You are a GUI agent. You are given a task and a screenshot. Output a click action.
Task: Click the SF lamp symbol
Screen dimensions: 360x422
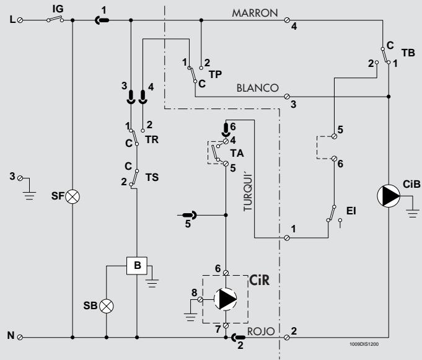73,196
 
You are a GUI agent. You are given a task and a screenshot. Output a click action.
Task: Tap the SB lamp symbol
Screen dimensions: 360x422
107,305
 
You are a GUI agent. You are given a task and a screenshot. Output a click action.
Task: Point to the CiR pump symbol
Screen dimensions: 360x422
225,299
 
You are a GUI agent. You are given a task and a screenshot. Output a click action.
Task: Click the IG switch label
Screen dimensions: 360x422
58,9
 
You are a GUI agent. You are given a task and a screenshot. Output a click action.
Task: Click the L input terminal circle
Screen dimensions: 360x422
21,20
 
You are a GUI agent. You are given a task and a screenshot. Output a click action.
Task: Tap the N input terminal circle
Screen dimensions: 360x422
21,338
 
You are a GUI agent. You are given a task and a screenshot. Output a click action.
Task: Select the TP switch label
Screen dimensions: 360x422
214,72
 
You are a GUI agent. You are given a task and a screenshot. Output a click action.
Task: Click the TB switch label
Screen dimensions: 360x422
408,54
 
